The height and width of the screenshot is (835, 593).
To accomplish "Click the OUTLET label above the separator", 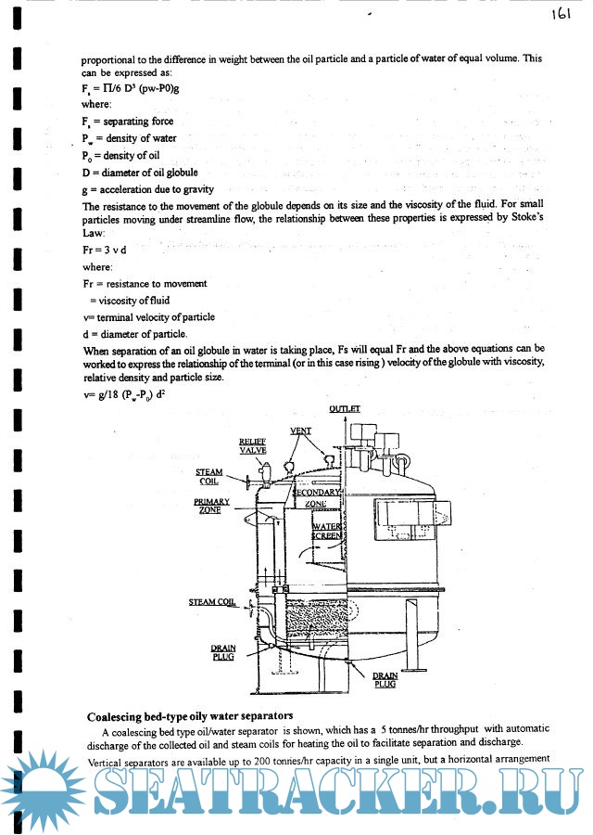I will click(344, 408).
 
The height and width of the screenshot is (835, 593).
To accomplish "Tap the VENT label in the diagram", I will click(300, 430).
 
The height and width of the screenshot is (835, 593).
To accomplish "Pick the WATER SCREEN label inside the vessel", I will click(326, 531).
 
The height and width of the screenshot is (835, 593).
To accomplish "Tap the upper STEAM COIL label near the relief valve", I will click(208, 477).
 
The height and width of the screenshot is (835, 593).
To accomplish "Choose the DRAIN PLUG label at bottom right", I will click(385, 678).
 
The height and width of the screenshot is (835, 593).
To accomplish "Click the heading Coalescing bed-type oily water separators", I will click(190, 715).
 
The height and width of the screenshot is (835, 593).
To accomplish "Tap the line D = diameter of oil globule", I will click(139, 172).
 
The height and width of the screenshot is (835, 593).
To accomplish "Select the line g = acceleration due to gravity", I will click(147, 188).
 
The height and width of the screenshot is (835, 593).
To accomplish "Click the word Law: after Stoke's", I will click(96, 235).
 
